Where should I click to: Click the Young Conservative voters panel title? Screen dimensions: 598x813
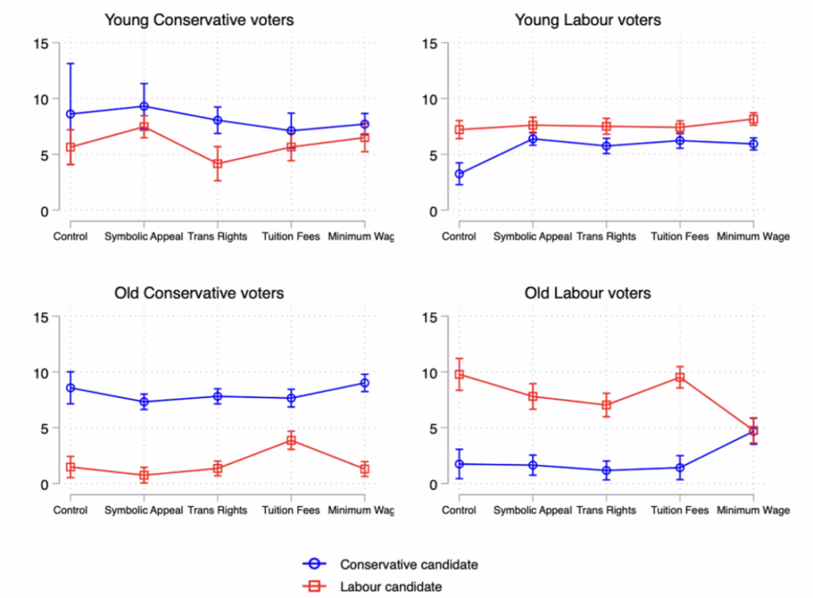pyautogui.click(x=199, y=21)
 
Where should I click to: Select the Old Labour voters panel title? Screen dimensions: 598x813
pyautogui.click(x=588, y=293)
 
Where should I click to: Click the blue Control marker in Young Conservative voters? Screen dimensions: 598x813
pyautogui.click(x=71, y=114)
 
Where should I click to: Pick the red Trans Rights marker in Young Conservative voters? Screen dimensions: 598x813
pyautogui.click(x=218, y=164)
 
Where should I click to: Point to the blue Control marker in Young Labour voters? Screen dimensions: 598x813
pyautogui.click(x=459, y=174)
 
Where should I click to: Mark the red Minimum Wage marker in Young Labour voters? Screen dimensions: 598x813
pyautogui.click(x=753, y=119)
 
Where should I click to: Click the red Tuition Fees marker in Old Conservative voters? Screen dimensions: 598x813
pyautogui.click(x=291, y=441)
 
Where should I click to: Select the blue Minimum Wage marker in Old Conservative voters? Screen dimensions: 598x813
pyautogui.click(x=365, y=383)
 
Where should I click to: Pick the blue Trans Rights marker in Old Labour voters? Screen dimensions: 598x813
pyautogui.click(x=607, y=470)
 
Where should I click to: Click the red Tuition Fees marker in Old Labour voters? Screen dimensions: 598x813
pyautogui.click(x=680, y=378)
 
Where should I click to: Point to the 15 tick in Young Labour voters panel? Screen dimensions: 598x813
pyautogui.click(x=430, y=44)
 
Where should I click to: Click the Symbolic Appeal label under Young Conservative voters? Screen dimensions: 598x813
pyautogui.click(x=144, y=237)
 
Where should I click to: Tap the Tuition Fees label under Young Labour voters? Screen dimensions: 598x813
pyautogui.click(x=680, y=237)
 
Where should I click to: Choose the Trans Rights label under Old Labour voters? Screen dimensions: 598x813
pyautogui.click(x=607, y=511)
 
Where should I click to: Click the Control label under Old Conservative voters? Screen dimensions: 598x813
pyautogui.click(x=71, y=511)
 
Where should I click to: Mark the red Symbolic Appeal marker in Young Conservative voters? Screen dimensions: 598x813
pyautogui.click(x=144, y=127)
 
